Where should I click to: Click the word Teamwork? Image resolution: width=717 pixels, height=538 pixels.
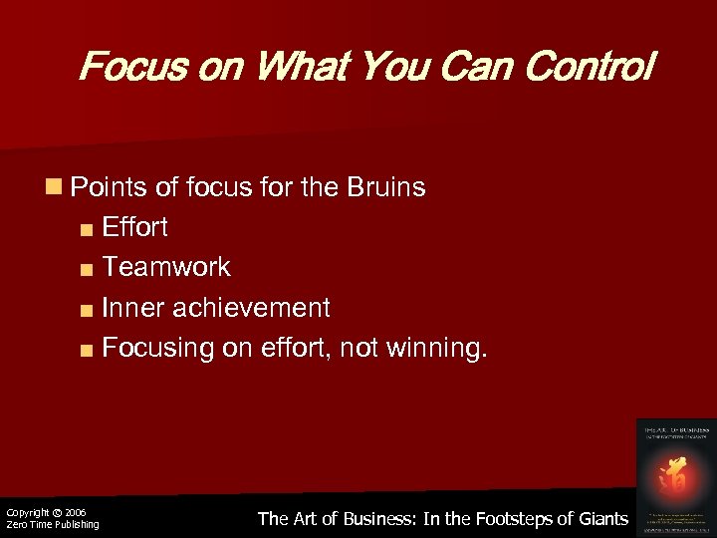pyautogui.click(x=166, y=267)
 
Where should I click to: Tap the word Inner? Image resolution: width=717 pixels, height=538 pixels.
pyautogui.click(x=132, y=308)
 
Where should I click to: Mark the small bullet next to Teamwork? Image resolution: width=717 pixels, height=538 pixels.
pyautogui.click(x=88, y=268)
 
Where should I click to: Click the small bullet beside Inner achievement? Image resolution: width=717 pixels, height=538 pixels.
pyautogui.click(x=88, y=309)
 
